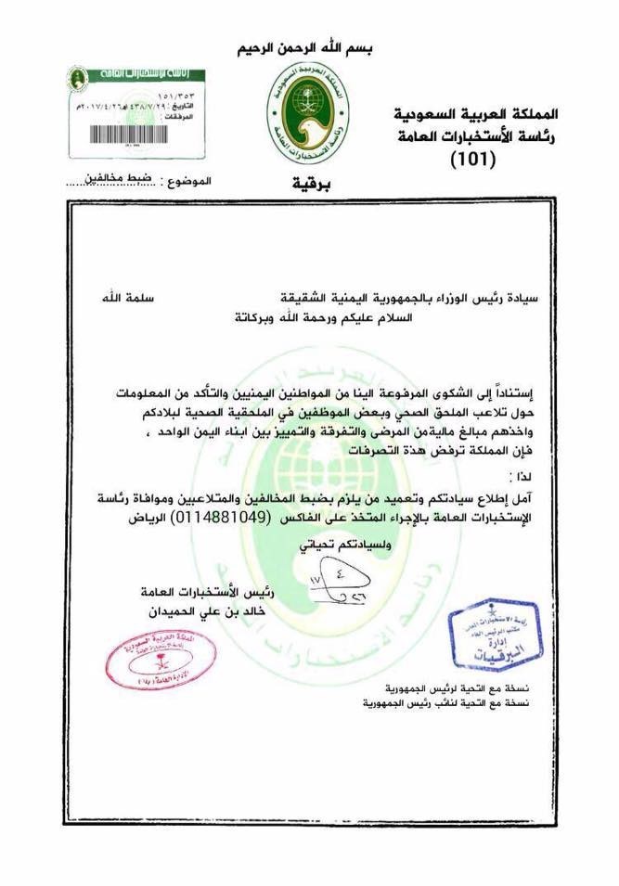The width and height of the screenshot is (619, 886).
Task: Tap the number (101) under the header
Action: click(473, 160)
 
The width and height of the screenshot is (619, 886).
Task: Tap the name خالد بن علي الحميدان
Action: click(205, 612)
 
